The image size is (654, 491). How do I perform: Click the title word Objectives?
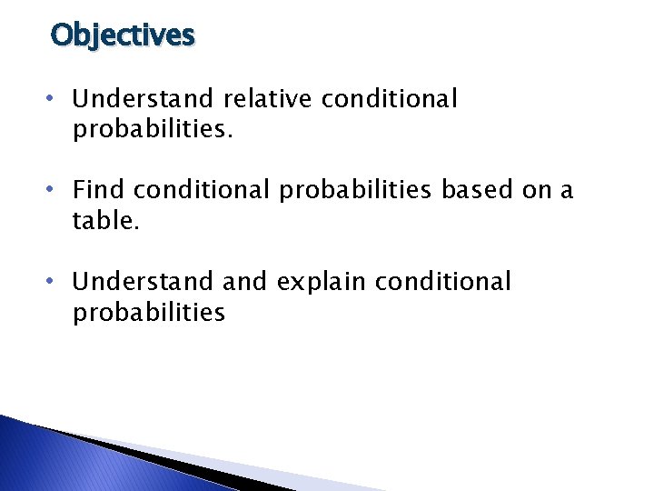click(x=123, y=35)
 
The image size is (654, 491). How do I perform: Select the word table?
click(x=105, y=221)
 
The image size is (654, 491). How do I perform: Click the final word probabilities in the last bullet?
click(x=149, y=313)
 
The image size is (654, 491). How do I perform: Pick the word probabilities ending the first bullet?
click(x=153, y=130)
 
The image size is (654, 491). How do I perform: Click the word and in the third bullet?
click(x=243, y=281)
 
